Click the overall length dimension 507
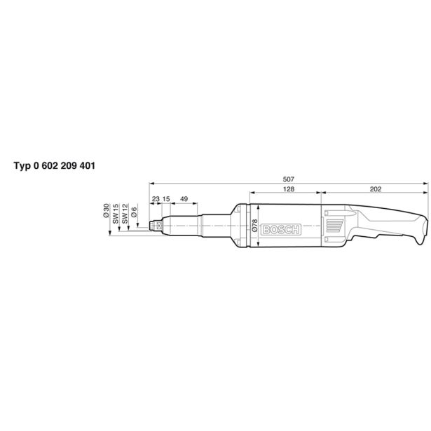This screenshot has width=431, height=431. click(x=289, y=179)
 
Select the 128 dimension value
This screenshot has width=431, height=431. click(x=289, y=189)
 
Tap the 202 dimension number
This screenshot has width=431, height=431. click(x=376, y=189)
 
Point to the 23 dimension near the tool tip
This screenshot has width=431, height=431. click(x=156, y=199)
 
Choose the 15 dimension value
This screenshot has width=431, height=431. click(x=166, y=199)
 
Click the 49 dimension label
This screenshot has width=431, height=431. click(x=184, y=199)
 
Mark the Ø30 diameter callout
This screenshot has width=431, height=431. click(x=107, y=210)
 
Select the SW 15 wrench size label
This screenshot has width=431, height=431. click(x=116, y=214)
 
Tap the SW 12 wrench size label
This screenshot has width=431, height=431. click(x=125, y=214)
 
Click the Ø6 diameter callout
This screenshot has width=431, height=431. click(x=135, y=212)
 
